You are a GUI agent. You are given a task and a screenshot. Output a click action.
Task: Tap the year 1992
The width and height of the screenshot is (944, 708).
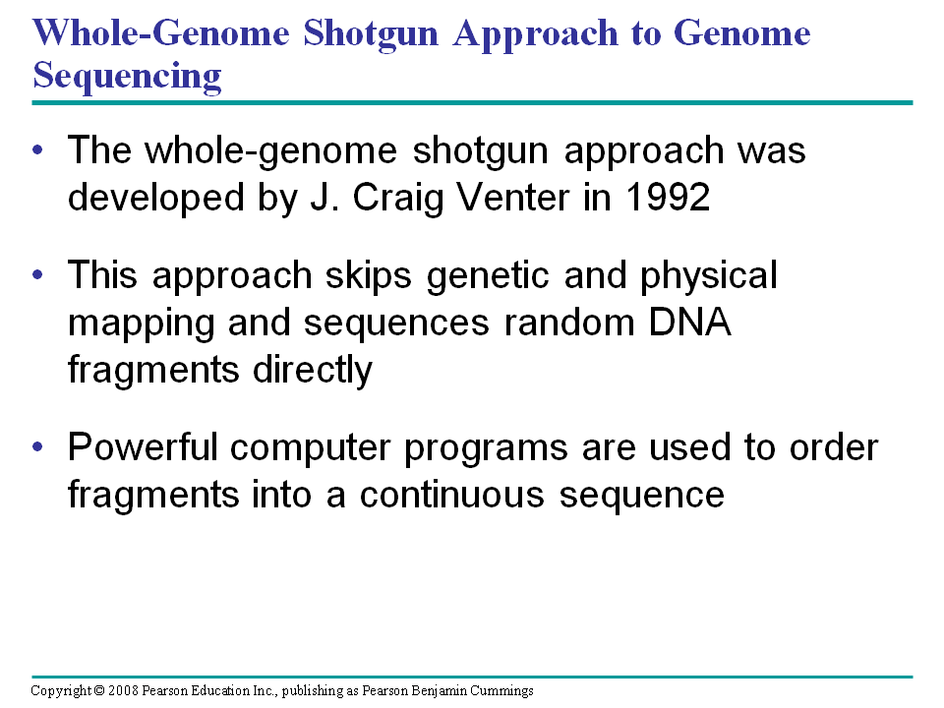[668, 197]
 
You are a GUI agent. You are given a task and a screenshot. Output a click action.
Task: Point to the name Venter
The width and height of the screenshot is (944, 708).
[513, 197]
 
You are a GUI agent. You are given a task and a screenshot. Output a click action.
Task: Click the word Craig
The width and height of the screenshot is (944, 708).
[398, 198]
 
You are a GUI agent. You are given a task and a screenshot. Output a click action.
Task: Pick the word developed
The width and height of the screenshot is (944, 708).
[156, 198]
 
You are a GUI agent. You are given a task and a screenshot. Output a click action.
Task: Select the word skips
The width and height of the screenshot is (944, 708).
[369, 276]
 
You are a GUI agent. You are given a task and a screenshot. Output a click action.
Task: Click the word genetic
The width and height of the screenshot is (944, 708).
[488, 276]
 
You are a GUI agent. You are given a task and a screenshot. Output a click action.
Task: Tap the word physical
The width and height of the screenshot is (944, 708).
[708, 276]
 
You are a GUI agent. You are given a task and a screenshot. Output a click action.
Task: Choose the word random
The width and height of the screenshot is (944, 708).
[569, 323]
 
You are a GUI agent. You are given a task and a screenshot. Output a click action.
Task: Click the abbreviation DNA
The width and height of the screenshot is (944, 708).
[689, 323]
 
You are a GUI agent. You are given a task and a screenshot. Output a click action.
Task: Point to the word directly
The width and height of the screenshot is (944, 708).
[313, 371]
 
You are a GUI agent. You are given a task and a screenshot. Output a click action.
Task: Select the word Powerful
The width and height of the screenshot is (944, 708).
[142, 447]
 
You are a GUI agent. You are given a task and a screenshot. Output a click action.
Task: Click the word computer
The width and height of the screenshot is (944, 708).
[310, 449]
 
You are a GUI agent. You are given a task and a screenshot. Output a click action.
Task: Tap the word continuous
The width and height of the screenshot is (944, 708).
[452, 495]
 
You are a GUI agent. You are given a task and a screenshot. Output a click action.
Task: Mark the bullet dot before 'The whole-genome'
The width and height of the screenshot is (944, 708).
[38, 149]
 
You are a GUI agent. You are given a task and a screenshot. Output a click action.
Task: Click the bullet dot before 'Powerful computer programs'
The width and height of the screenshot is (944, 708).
[38, 447]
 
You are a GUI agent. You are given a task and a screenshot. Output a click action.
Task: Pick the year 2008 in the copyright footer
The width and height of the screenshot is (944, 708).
[124, 690]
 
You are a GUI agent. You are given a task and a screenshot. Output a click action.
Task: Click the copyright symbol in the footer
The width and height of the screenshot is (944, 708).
[99, 690]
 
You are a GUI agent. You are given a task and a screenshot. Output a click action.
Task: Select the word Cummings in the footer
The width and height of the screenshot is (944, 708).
[502, 691]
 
